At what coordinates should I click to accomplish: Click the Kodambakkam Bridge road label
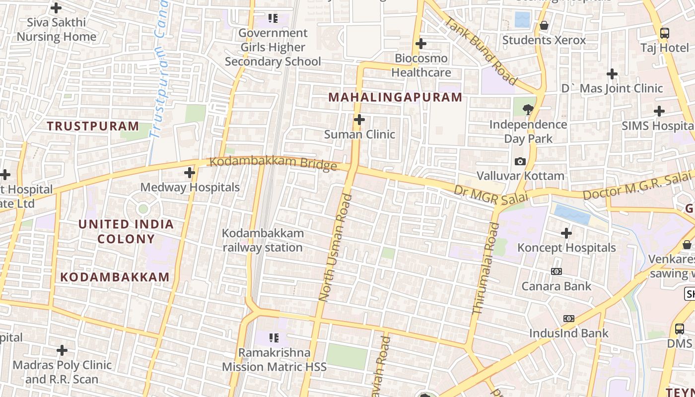tap(273, 163)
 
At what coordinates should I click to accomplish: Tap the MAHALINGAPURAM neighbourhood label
tap(395, 97)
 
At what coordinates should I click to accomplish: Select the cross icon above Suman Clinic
tap(359, 120)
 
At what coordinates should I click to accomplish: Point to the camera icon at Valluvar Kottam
tap(520, 161)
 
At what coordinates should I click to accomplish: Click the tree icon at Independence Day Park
tap(528, 109)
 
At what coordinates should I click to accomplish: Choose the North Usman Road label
tap(336, 248)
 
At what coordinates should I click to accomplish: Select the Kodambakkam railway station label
tap(262, 240)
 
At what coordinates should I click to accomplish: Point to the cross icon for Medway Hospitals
tap(189, 173)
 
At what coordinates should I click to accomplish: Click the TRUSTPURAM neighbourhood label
tap(93, 126)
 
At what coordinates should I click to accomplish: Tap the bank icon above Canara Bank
tap(556, 271)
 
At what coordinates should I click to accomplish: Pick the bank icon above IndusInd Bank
tap(568, 319)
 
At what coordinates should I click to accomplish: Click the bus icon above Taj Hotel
tap(664, 33)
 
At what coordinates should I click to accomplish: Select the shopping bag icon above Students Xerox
tap(544, 25)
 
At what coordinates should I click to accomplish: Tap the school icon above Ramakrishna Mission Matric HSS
tap(273, 338)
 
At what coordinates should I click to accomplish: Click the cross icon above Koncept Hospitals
tap(566, 233)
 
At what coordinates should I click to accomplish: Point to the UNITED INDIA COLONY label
tap(126, 232)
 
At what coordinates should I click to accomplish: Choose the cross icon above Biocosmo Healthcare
tap(420, 44)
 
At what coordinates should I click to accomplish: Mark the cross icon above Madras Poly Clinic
tap(62, 350)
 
